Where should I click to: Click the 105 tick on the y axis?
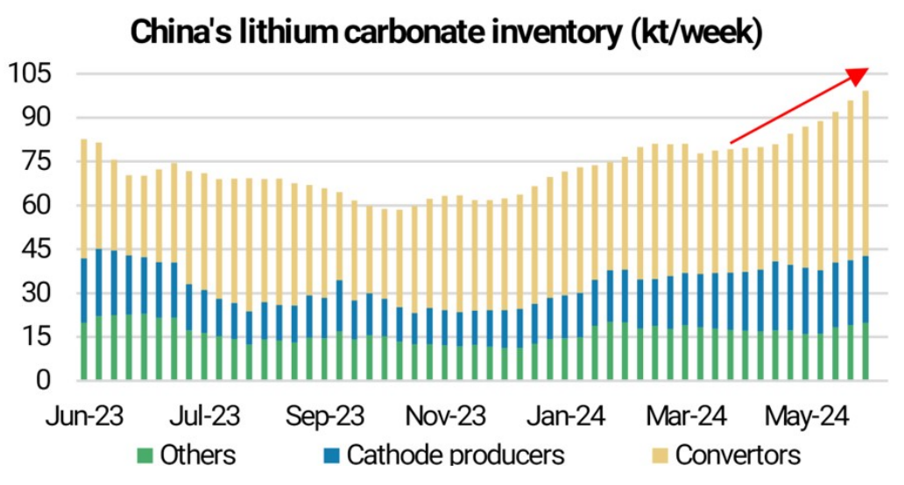pyautogui.click(x=31, y=74)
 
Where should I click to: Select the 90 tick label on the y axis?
pyautogui.click(x=37, y=117)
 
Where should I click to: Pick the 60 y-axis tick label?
pyautogui.click(x=37, y=206)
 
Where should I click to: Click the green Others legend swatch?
pyautogui.click(x=145, y=455)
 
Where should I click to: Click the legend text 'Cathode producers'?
pyautogui.click(x=455, y=455)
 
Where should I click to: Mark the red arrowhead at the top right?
pyautogui.click(x=859, y=75)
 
